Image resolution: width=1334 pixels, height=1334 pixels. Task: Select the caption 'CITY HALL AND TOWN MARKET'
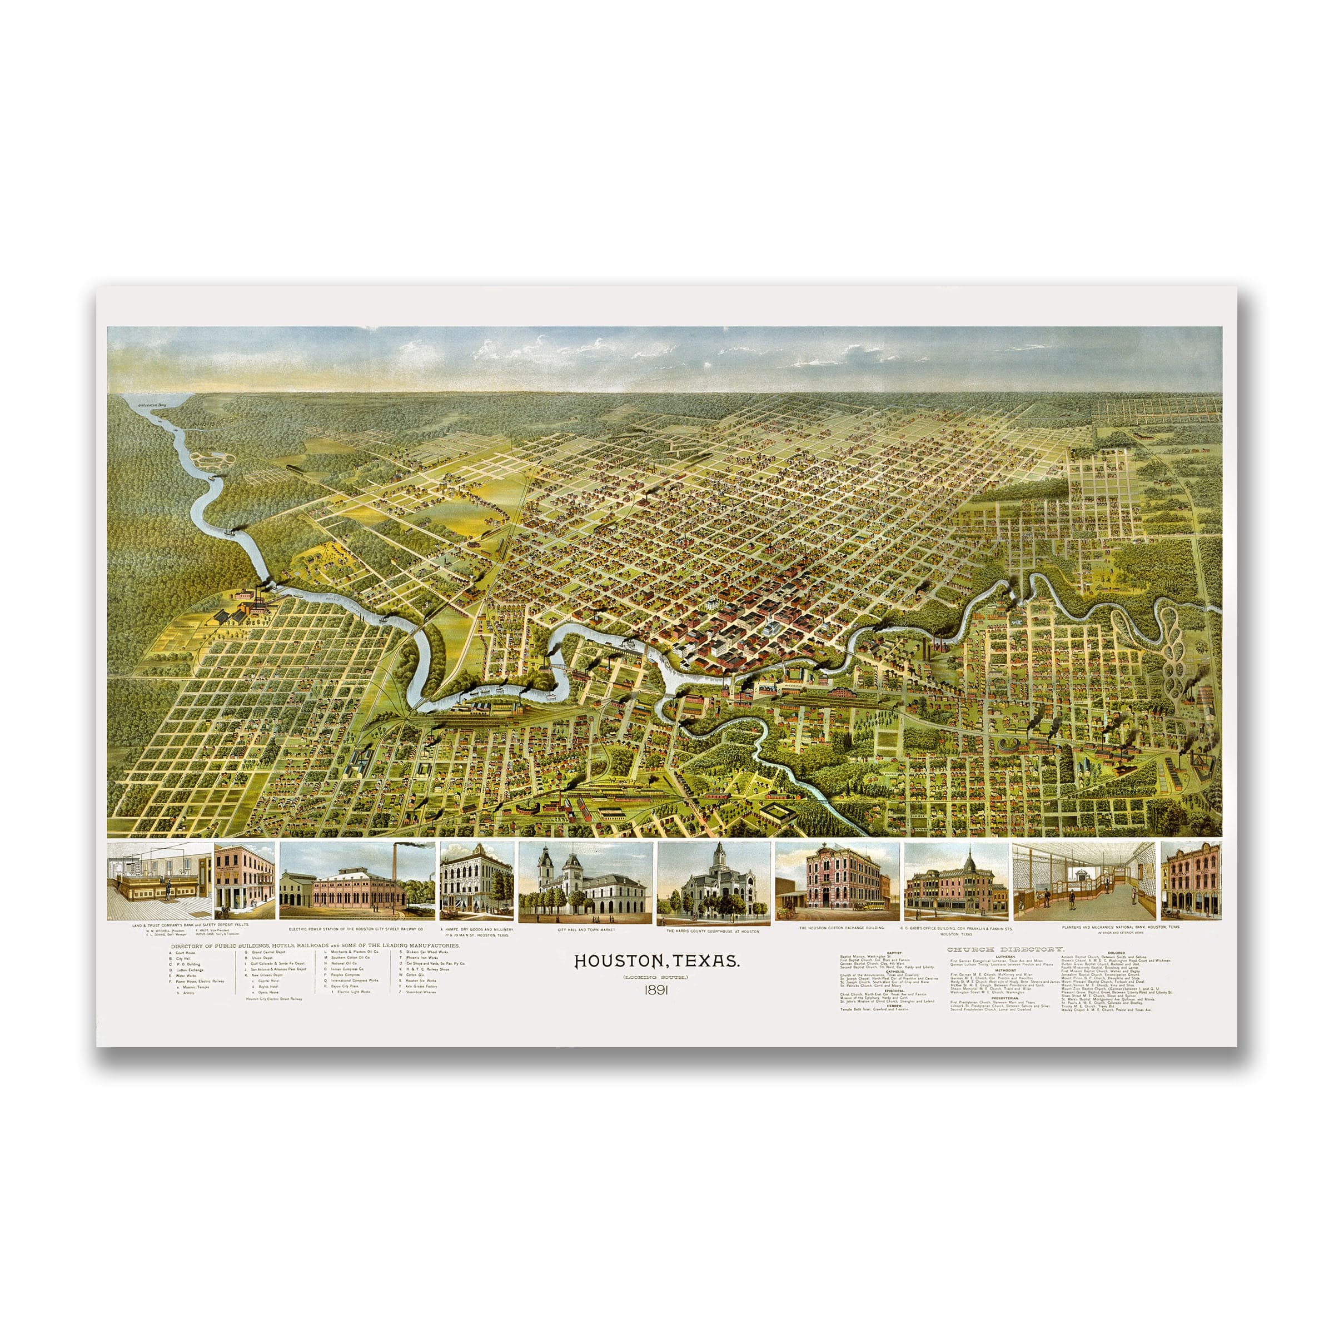(x=585, y=930)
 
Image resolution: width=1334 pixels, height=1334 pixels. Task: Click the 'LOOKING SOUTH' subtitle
(x=656, y=977)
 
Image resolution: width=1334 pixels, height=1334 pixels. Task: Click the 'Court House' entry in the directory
(x=186, y=952)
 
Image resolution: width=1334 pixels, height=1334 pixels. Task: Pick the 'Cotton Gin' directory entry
(x=416, y=975)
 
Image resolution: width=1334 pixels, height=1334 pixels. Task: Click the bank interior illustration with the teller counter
(x=159, y=880)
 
